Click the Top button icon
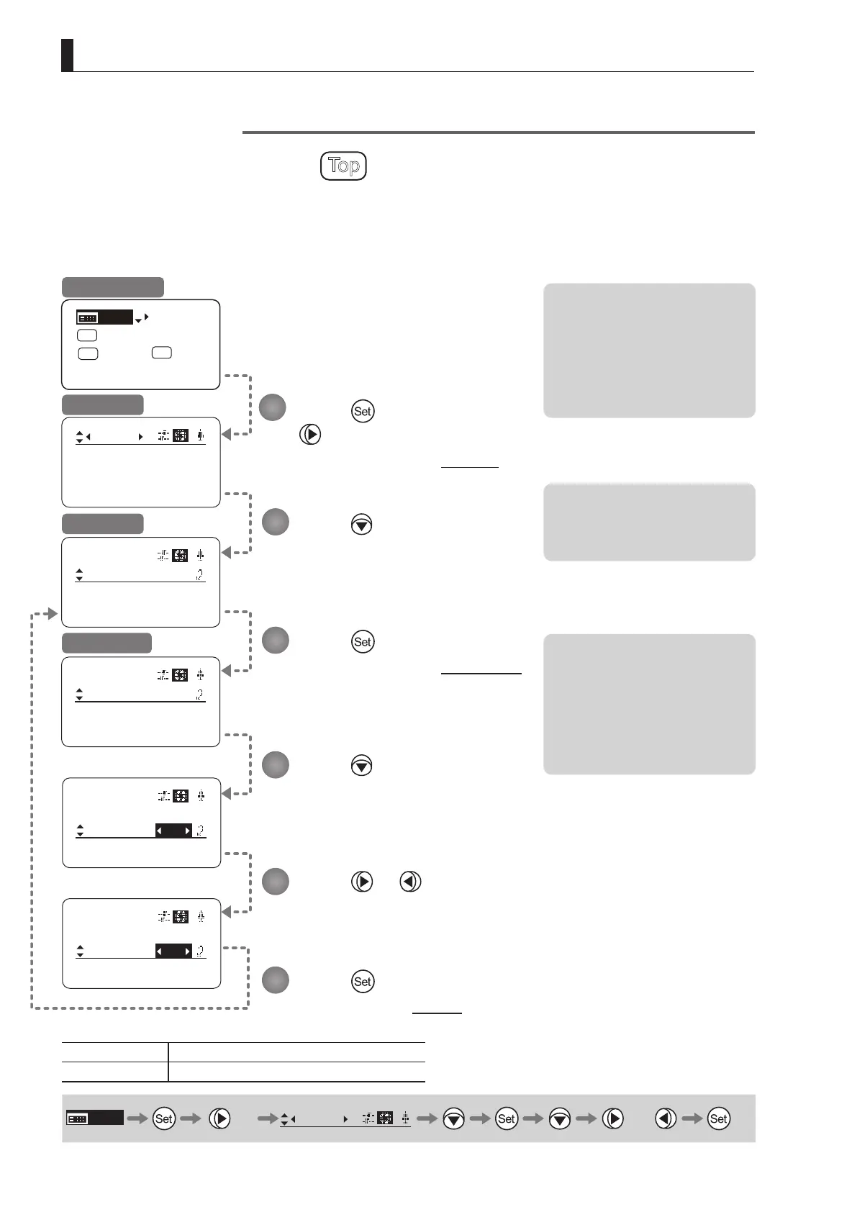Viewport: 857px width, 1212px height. tap(343, 166)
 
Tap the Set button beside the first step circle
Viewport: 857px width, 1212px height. tap(363, 412)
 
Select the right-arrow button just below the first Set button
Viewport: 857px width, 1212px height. tap(310, 435)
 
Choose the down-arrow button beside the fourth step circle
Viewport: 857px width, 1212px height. tap(362, 765)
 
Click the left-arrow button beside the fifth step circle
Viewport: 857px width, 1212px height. tap(410, 882)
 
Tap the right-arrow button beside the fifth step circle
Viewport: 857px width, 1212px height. tap(362, 882)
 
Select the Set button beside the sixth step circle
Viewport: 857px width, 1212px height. tap(363, 981)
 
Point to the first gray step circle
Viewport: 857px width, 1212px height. tap(273, 407)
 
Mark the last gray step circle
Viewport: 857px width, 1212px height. tap(275, 980)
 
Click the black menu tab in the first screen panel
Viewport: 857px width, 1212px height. tap(104, 317)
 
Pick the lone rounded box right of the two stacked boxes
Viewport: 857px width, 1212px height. tap(162, 353)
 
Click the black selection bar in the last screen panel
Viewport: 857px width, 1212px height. tap(173, 951)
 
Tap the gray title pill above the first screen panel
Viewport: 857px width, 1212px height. tap(113, 286)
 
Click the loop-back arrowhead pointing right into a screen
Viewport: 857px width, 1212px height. tap(50, 614)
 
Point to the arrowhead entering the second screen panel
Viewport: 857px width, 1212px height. tap(227, 435)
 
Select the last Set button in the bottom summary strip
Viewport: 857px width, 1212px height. tap(719, 1118)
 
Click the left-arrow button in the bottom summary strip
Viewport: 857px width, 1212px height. tap(666, 1118)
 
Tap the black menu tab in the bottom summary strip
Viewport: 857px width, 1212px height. tap(95, 1118)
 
